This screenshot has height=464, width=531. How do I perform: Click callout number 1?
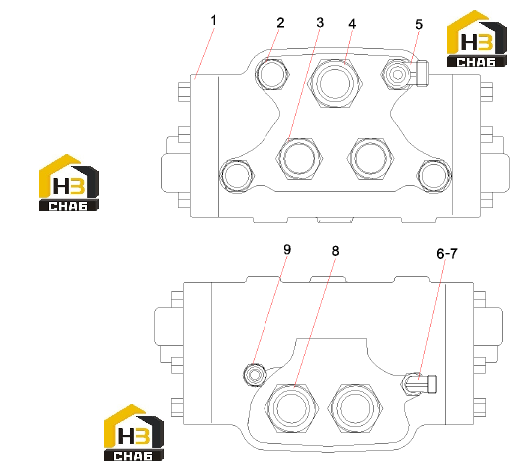[x=213, y=21]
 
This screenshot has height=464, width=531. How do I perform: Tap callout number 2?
[x=280, y=23]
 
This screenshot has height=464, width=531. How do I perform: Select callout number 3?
[x=320, y=23]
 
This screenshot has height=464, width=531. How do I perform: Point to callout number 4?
[x=352, y=24]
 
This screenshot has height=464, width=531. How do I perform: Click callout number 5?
[x=419, y=24]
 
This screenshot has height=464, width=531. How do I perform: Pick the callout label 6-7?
[x=447, y=254]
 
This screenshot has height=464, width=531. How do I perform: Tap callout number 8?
[x=335, y=251]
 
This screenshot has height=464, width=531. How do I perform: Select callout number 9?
[x=287, y=250]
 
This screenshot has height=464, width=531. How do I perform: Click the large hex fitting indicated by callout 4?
[x=335, y=83]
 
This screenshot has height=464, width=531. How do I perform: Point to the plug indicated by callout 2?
[x=271, y=74]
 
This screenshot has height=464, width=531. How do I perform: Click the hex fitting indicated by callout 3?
[x=299, y=158]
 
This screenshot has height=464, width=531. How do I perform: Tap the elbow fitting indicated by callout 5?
[x=405, y=74]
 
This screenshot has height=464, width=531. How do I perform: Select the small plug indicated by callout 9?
[x=255, y=375]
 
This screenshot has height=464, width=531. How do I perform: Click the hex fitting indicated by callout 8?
[x=291, y=408]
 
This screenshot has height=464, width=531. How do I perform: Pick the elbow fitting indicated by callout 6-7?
[x=419, y=384]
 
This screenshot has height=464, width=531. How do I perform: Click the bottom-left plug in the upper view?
[x=236, y=176]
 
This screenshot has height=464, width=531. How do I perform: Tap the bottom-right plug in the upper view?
[x=435, y=176]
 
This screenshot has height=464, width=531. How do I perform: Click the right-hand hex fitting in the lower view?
[x=355, y=408]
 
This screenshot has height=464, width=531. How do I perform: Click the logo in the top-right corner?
[x=477, y=39]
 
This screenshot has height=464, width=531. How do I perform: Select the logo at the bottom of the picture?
[x=134, y=433]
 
